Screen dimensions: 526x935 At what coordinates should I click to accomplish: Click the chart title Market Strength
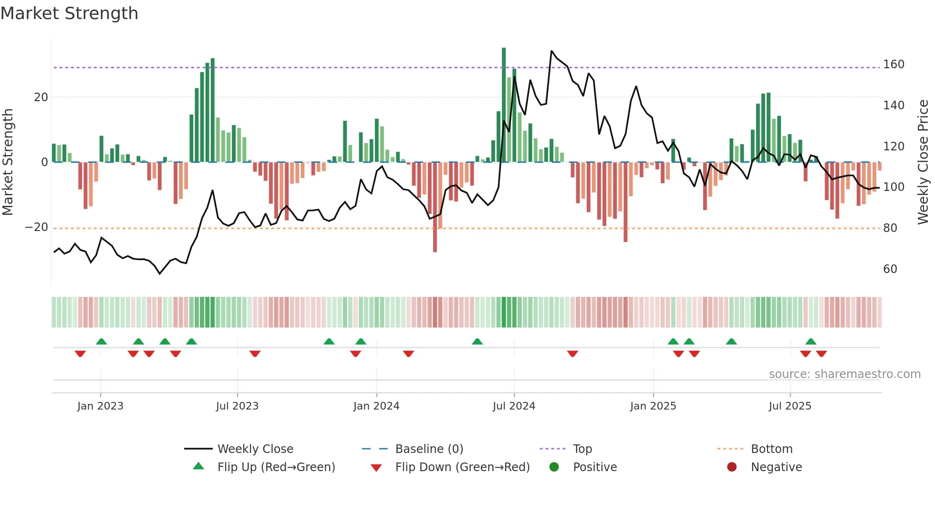pos(69,13)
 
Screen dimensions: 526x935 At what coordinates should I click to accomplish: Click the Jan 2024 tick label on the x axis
pos(376,406)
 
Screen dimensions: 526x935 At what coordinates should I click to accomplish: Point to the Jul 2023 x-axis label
pos(237,406)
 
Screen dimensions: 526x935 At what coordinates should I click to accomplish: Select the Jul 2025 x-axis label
pos(790,406)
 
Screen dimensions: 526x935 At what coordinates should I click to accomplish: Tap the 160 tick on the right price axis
pos(893,64)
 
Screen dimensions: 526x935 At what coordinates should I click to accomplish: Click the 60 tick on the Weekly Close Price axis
pos(890,269)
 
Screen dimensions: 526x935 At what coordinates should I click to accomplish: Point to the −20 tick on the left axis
pos(37,227)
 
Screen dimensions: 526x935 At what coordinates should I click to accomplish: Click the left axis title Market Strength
pos(8,162)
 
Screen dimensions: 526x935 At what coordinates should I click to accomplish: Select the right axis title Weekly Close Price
pos(923,162)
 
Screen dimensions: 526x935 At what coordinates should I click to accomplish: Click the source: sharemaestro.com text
pos(844,374)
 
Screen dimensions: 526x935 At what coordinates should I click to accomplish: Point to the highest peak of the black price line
pos(551,51)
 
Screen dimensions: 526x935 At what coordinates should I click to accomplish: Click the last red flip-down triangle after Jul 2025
pos(821,354)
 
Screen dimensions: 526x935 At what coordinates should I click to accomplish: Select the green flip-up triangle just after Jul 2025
pos(811,341)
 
